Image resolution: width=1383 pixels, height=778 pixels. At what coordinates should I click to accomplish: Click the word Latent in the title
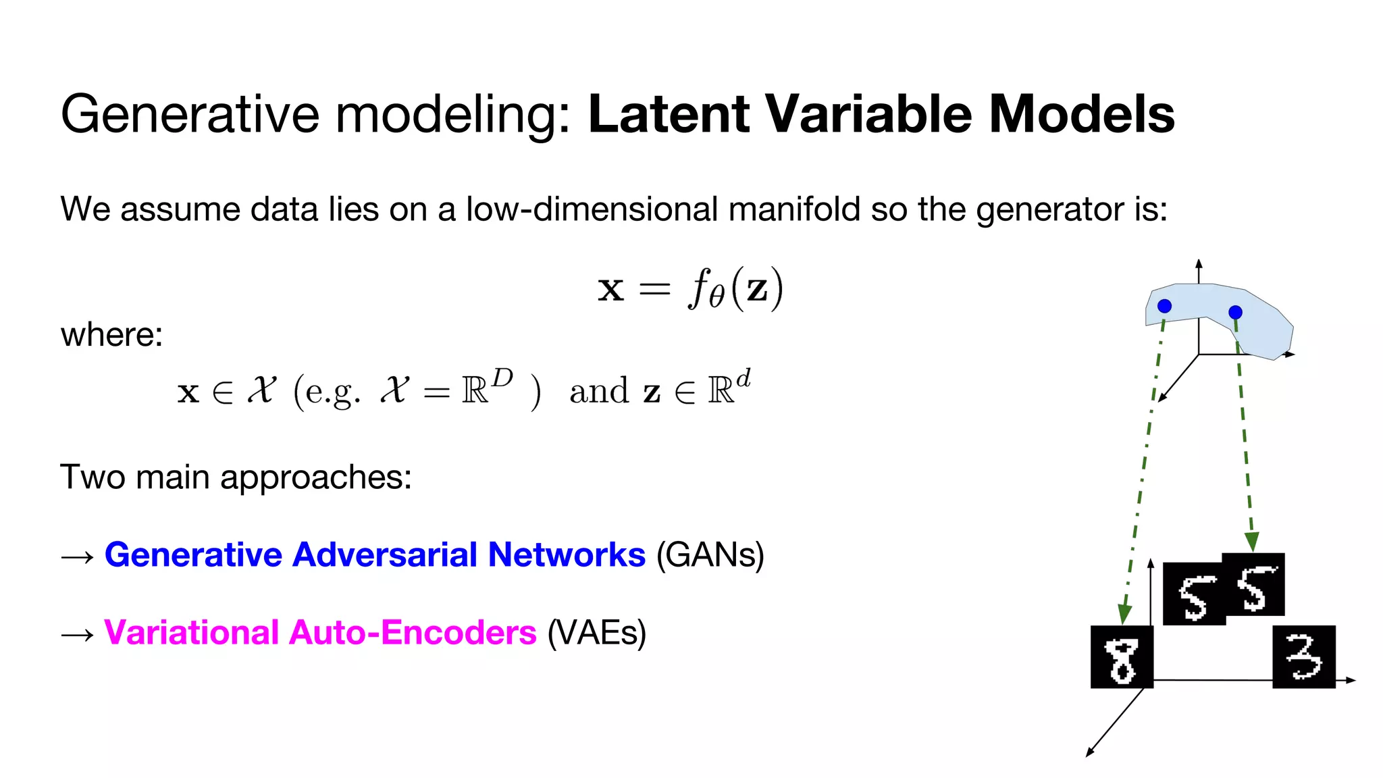pos(669,113)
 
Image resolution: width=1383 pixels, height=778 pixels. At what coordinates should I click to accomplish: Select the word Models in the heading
pos(1082,113)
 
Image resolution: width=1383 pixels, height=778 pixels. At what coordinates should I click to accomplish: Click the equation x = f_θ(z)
pos(690,289)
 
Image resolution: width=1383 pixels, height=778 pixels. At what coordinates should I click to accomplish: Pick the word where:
pos(111,335)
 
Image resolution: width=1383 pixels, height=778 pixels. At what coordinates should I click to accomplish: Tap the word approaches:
pos(316,478)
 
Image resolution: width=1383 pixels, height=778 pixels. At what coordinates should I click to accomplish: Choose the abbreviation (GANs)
pos(710,556)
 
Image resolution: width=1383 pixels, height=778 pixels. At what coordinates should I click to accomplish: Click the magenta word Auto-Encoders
pos(413,633)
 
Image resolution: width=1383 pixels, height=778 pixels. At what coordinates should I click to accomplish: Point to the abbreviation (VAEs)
pos(596,633)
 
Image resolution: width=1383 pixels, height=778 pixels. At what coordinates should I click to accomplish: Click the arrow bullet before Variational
pos(77,635)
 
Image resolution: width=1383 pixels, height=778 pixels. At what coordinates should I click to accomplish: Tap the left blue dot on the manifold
pos(1164,307)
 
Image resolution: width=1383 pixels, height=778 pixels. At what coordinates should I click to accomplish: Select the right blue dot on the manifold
pos(1235,312)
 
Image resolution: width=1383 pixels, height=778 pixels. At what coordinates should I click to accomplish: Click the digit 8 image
pos(1122,657)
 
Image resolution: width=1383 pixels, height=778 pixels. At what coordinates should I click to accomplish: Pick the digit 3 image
pos(1303,657)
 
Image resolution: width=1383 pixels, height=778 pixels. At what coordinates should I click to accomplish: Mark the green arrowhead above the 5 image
pos(1251,542)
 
